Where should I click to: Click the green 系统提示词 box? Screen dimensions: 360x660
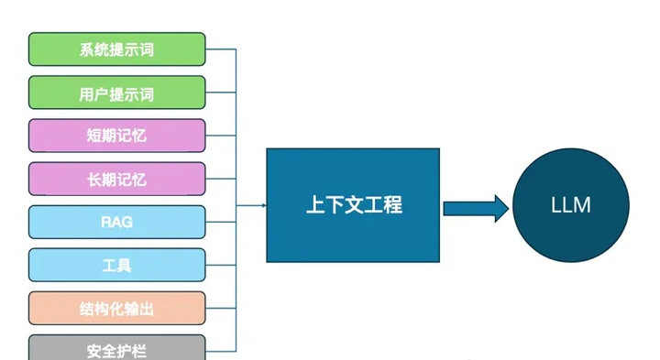tap(116, 49)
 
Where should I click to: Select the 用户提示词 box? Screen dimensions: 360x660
tap(116, 93)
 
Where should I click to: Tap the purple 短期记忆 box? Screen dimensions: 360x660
tap(116, 136)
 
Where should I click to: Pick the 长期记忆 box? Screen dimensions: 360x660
tap(116, 179)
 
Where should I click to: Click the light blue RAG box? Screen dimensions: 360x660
tap(116, 222)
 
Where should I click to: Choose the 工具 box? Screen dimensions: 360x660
tap(116, 265)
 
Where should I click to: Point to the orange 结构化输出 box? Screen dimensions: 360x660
tap(116, 308)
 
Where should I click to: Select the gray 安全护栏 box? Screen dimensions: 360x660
tap(116, 348)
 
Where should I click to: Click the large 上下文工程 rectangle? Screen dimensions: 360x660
tap(353, 204)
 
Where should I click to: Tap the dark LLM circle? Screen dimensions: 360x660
tap(570, 204)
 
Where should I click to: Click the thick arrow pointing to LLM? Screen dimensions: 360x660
tap(475, 208)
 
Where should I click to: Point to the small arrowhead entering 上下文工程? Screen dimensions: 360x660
tap(263, 204)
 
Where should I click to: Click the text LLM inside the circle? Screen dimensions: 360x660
tap(570, 205)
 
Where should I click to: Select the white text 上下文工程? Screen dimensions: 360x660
tap(353, 205)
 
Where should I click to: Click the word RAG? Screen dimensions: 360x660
tap(116, 222)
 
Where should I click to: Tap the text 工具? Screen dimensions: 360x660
tap(116, 265)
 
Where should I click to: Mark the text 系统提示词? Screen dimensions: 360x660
tap(116, 49)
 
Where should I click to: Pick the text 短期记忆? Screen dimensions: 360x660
tap(116, 136)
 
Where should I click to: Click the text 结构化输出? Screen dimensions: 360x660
tap(116, 308)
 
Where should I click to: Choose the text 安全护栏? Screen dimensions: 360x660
tap(116, 350)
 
